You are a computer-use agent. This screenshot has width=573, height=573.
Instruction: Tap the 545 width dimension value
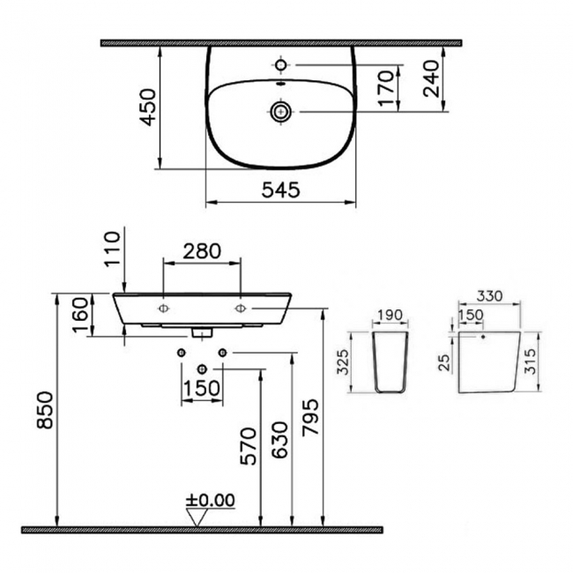click(280, 189)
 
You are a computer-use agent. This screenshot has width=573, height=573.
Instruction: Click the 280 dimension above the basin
click(202, 252)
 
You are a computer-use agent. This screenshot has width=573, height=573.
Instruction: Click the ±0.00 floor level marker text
click(211, 501)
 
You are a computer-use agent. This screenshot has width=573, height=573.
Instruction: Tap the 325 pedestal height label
click(346, 362)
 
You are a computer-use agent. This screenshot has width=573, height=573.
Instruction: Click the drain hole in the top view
click(280, 111)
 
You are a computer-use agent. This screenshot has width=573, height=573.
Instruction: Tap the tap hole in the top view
click(280, 65)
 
